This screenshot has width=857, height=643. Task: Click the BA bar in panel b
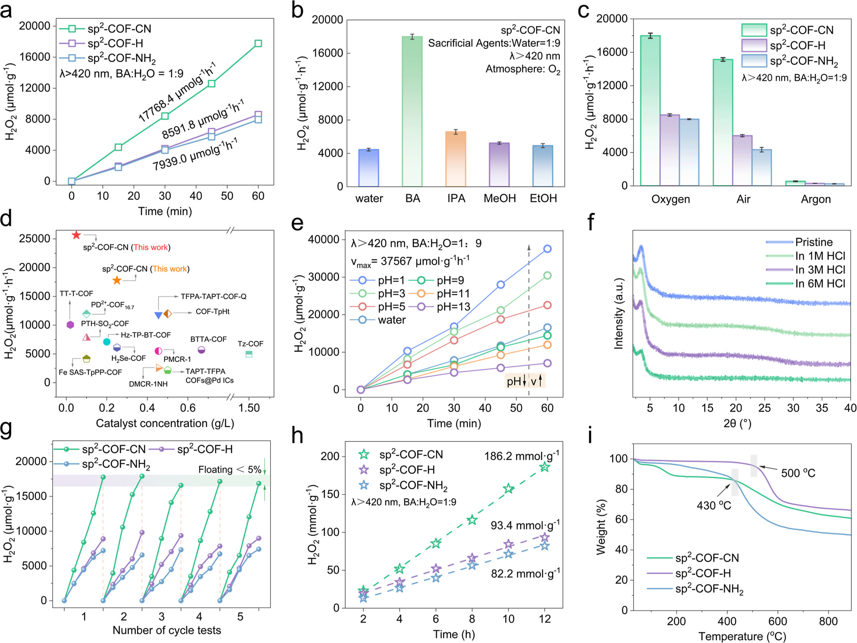click(412, 111)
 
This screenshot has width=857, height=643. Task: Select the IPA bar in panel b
click(456, 159)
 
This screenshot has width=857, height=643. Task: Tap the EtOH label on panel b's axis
click(543, 198)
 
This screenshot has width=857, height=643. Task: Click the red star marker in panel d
click(76, 235)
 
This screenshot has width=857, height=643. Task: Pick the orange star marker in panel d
click(117, 280)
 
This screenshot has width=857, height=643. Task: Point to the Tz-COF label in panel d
click(250, 344)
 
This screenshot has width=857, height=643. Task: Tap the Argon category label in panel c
click(815, 199)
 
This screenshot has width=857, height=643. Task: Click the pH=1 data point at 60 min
click(547, 249)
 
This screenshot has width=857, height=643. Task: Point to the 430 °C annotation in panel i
click(714, 506)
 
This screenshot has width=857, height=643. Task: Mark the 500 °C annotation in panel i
click(798, 473)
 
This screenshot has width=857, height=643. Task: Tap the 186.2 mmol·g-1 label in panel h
click(521, 456)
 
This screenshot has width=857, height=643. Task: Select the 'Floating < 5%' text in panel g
click(229, 470)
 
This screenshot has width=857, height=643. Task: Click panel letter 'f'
click(591, 222)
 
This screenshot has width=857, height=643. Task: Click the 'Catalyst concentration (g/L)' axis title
click(165, 423)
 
